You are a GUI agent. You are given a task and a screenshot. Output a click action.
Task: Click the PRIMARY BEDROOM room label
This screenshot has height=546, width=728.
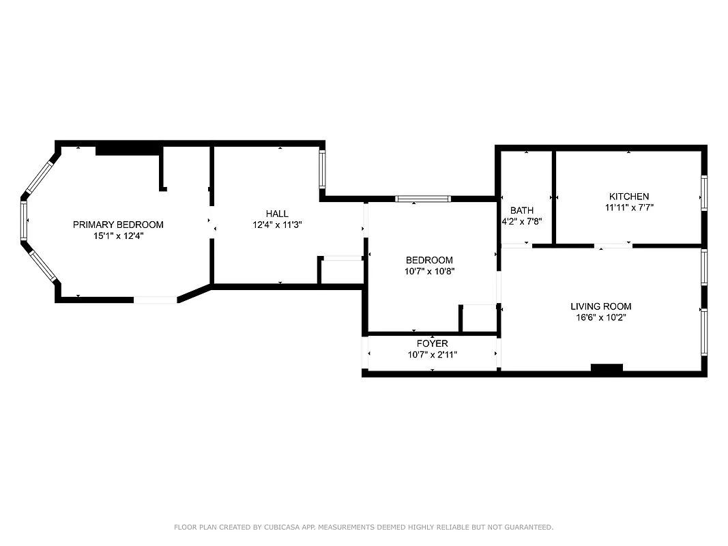click(118, 225)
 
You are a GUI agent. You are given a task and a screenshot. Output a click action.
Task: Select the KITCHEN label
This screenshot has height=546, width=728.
click(629, 197)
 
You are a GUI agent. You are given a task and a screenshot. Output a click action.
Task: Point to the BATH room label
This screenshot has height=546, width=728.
click(522, 210)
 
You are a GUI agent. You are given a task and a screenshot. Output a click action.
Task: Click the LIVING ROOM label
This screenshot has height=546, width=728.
click(600, 306)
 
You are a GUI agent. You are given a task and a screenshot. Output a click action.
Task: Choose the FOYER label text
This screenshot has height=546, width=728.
click(433, 343)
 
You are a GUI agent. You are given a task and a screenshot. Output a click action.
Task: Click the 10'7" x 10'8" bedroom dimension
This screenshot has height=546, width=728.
click(430, 271)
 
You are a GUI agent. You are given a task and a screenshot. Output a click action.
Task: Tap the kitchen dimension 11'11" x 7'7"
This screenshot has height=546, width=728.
click(629, 207)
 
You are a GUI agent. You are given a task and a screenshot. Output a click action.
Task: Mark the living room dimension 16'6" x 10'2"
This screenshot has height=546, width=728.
click(600, 317)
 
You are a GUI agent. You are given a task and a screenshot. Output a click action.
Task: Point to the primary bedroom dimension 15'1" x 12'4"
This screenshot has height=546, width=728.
click(118, 235)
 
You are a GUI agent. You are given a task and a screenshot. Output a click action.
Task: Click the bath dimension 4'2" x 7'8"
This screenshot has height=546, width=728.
click(522, 221)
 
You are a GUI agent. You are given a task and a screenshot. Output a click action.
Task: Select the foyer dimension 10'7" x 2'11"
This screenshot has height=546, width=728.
click(433, 354)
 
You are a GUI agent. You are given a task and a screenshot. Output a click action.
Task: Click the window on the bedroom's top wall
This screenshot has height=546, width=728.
click(423, 199)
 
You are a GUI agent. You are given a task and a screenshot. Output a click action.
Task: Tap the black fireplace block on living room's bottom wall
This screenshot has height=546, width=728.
click(607, 369)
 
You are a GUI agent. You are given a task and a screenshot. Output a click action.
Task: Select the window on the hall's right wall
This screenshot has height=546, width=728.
click(323, 169)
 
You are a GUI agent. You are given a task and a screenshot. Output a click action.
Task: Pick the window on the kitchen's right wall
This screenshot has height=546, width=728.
click(703, 191)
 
